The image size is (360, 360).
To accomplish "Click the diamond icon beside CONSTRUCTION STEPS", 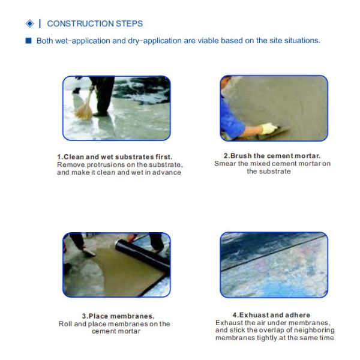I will [x=29, y=23].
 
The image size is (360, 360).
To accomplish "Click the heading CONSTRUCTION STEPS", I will [x=95, y=23].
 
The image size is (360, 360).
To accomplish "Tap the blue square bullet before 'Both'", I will [x=28, y=41].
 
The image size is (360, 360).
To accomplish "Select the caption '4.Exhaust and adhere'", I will [x=271, y=315].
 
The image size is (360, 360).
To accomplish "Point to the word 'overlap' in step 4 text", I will [x=264, y=330].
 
